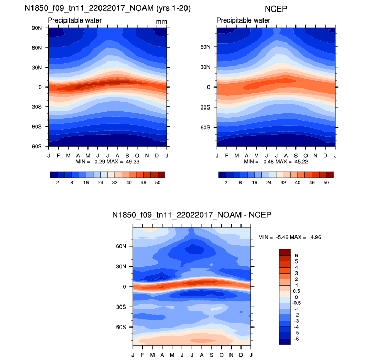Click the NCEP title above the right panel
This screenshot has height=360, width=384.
tap(276, 8)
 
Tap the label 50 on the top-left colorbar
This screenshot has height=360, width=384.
tap(158, 182)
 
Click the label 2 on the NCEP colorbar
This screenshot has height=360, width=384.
tap(226, 182)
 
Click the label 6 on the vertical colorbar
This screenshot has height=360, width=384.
tap(296, 255)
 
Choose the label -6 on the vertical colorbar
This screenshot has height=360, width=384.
tap(297, 339)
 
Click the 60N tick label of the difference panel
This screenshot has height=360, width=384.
tap(122, 246)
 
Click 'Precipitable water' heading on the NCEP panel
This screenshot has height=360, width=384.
tap(243, 20)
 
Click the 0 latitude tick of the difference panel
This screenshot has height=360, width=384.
tap(125, 287)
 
